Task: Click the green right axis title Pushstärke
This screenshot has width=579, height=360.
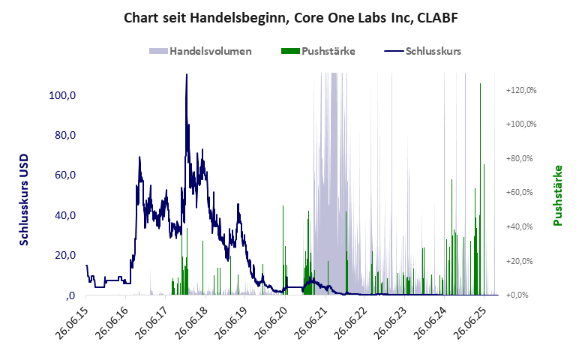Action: (557, 195)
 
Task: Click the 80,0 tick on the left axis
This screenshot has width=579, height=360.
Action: (63, 136)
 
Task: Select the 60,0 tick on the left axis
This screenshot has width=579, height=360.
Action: (63, 175)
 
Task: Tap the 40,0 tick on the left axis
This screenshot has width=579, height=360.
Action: (63, 215)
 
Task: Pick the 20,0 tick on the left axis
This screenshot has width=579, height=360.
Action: (63, 255)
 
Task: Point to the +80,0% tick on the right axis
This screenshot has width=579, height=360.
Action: (523, 158)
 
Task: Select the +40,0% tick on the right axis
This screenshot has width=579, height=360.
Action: (523, 226)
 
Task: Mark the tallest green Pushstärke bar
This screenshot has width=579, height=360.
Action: (480, 84)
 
